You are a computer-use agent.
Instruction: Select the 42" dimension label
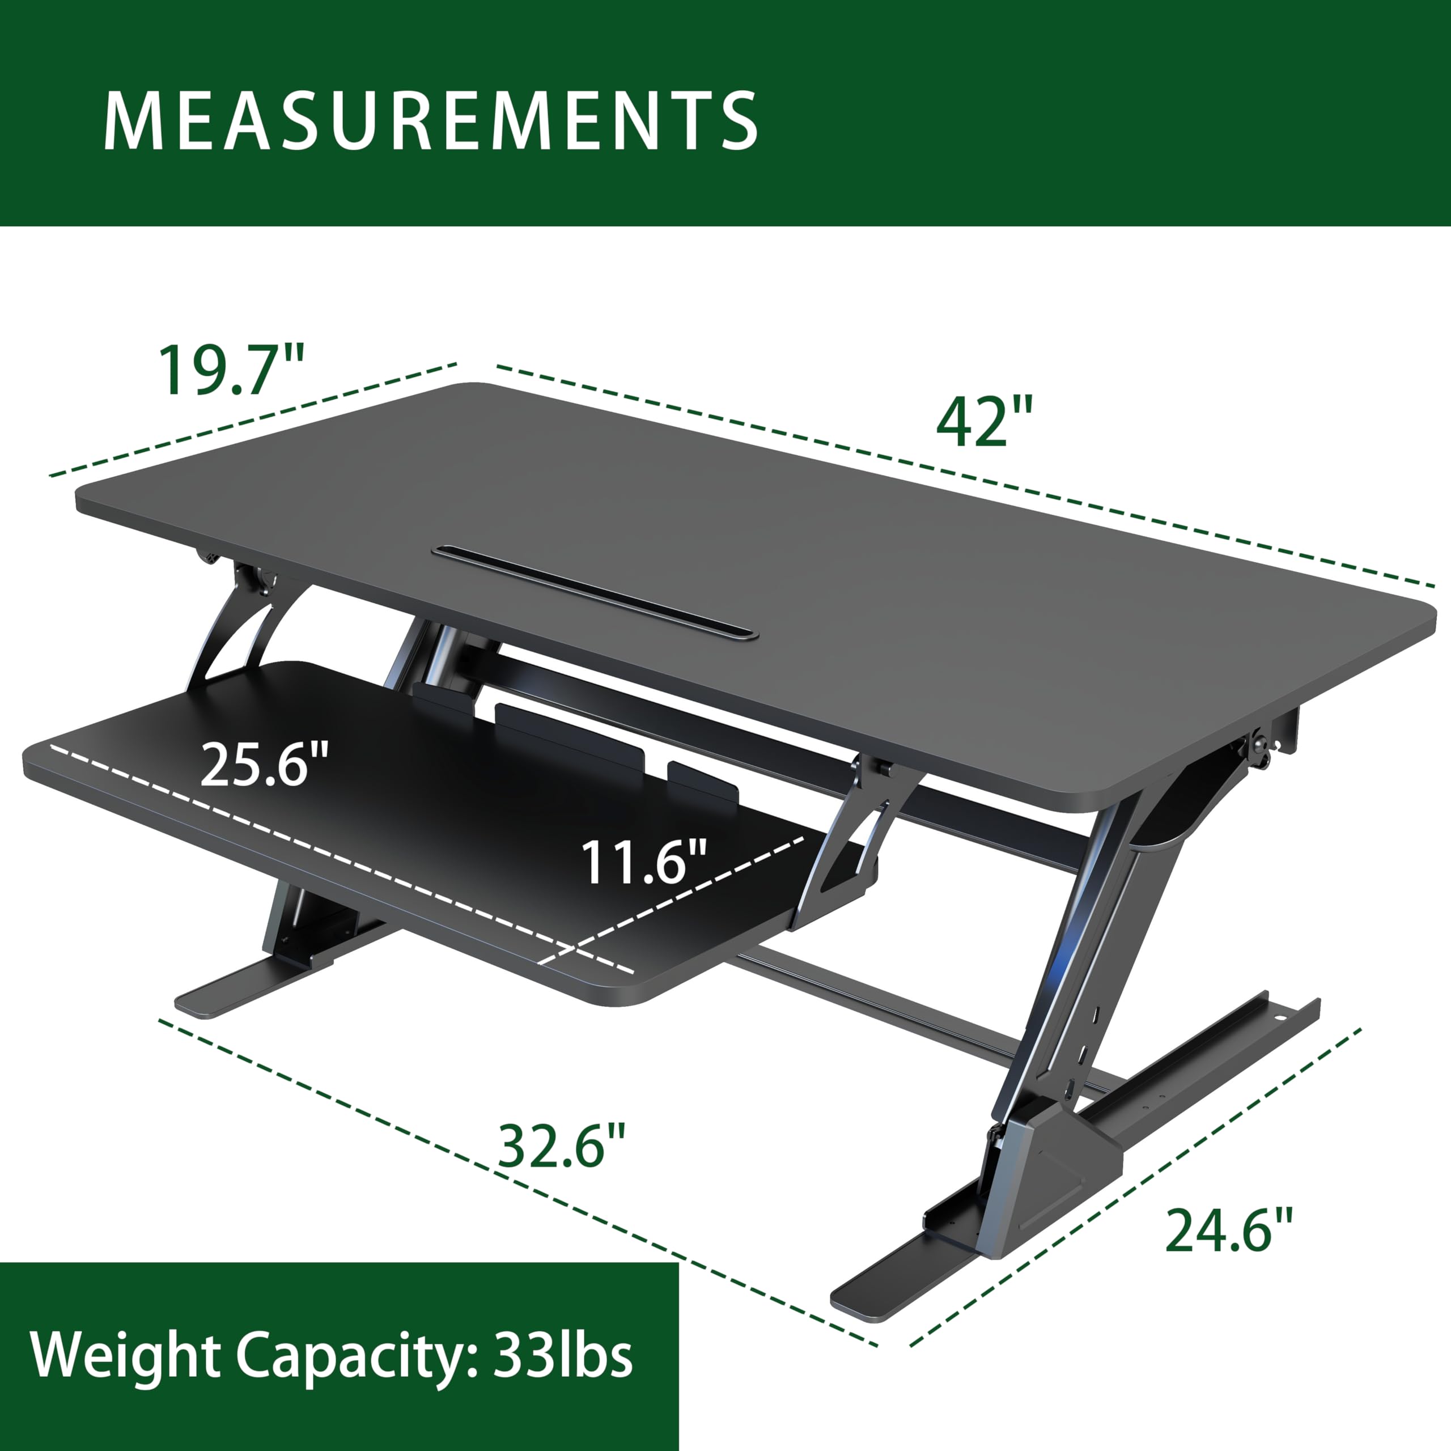pos(984,423)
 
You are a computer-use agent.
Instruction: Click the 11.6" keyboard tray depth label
pos(644,862)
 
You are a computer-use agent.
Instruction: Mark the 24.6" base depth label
pos(1229,1229)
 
